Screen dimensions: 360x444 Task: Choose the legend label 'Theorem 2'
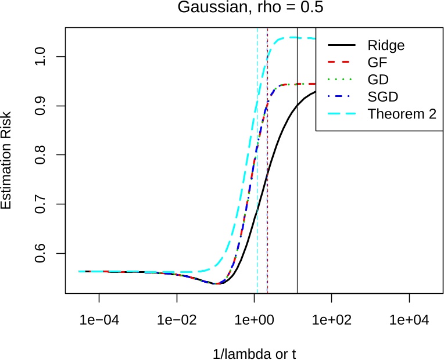[x=401, y=114]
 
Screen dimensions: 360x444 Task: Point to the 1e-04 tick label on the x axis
[x=99, y=320]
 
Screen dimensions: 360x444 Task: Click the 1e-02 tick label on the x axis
[x=177, y=320]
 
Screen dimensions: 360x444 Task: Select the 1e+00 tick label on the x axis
[x=254, y=320]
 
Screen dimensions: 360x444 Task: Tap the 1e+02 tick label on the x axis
[x=331, y=320]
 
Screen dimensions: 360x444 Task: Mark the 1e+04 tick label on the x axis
[x=409, y=320]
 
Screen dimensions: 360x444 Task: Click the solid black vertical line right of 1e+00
[x=297, y=203]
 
